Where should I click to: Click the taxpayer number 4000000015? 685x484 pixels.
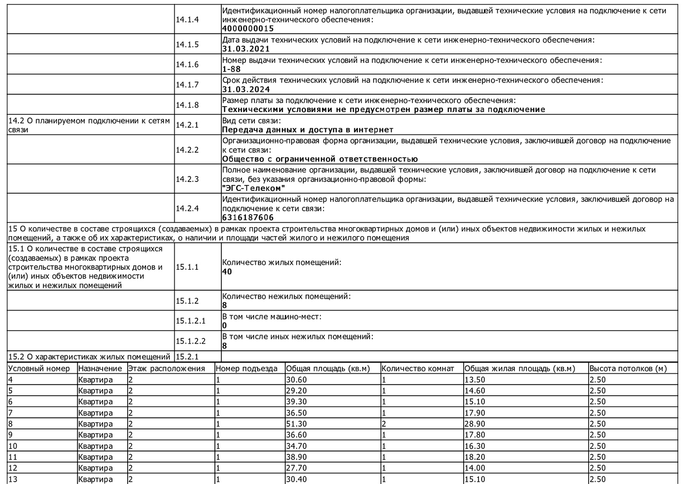(x=248, y=29)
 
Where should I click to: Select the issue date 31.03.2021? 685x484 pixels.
(x=246, y=49)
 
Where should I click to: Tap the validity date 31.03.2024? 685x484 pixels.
(x=246, y=89)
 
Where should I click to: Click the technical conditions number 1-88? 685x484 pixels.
(x=232, y=69)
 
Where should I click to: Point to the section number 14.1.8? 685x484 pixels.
(x=187, y=105)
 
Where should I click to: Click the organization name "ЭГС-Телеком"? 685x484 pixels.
(x=254, y=188)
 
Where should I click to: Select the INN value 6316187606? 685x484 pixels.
(x=248, y=217)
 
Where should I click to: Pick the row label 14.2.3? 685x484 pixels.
(x=187, y=179)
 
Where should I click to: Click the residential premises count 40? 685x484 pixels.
(x=227, y=272)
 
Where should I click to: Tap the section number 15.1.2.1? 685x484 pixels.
(x=190, y=320)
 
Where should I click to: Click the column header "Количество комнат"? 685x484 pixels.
(x=417, y=368)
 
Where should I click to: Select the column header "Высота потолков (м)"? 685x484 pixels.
(x=628, y=368)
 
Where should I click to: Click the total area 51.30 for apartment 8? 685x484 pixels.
(x=297, y=424)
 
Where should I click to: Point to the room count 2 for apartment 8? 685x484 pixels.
(x=384, y=424)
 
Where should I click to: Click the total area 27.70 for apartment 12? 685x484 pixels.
(x=297, y=468)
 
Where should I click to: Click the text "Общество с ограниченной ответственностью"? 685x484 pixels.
(x=320, y=159)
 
